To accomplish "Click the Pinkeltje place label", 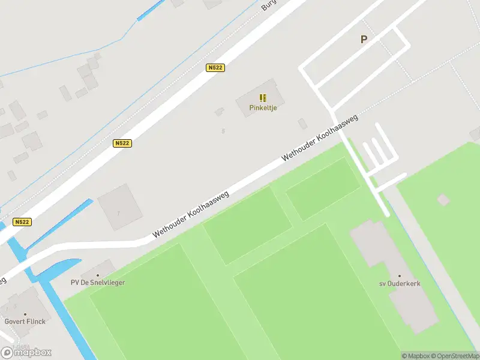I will [263, 107].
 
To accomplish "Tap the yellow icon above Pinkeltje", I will [263, 97].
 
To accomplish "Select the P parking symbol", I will [363, 40].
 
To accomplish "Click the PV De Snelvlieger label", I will [98, 282].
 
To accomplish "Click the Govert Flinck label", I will [25, 321].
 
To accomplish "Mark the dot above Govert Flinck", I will [25, 313].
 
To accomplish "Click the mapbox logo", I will [26, 352].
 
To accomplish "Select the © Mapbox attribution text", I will [415, 356].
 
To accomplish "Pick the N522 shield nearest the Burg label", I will [215, 68].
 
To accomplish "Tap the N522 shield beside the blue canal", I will [22, 221].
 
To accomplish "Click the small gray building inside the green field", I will [443, 199].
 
